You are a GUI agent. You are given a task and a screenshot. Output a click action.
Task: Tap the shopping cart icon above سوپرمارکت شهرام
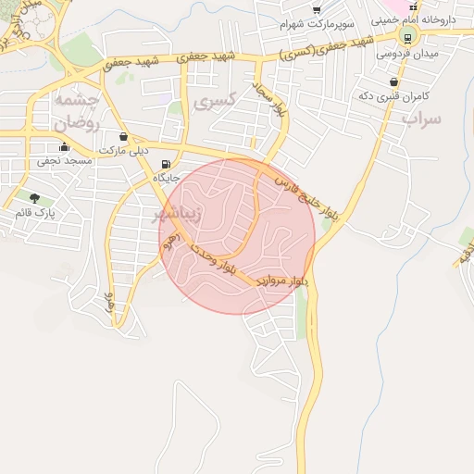(x=317, y=8)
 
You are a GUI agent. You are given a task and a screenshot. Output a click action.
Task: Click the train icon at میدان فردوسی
(x=405, y=37)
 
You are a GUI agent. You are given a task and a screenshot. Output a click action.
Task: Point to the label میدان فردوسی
(x=406, y=54)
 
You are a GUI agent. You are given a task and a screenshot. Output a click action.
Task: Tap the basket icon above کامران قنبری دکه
(x=395, y=82)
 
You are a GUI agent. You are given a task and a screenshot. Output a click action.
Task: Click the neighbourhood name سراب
(x=422, y=118)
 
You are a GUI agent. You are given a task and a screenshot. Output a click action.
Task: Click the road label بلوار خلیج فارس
(x=296, y=191)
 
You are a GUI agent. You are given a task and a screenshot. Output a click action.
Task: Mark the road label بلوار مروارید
(x=279, y=281)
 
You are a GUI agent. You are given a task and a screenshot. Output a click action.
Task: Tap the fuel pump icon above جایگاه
(x=166, y=164)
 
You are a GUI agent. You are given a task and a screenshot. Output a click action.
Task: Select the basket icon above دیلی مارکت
(x=123, y=136)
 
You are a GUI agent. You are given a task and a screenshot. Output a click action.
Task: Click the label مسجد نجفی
(x=63, y=161)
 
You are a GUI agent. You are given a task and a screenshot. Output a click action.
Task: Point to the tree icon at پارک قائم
(x=34, y=198)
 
